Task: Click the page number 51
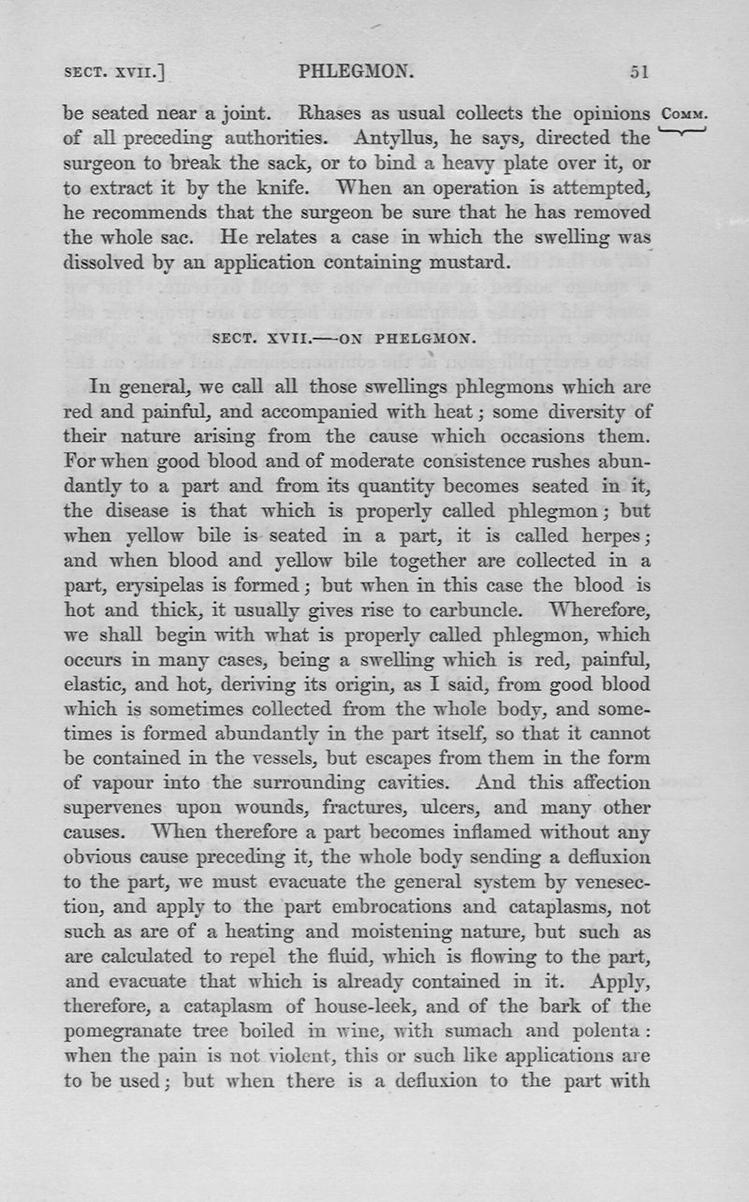[x=640, y=71]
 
